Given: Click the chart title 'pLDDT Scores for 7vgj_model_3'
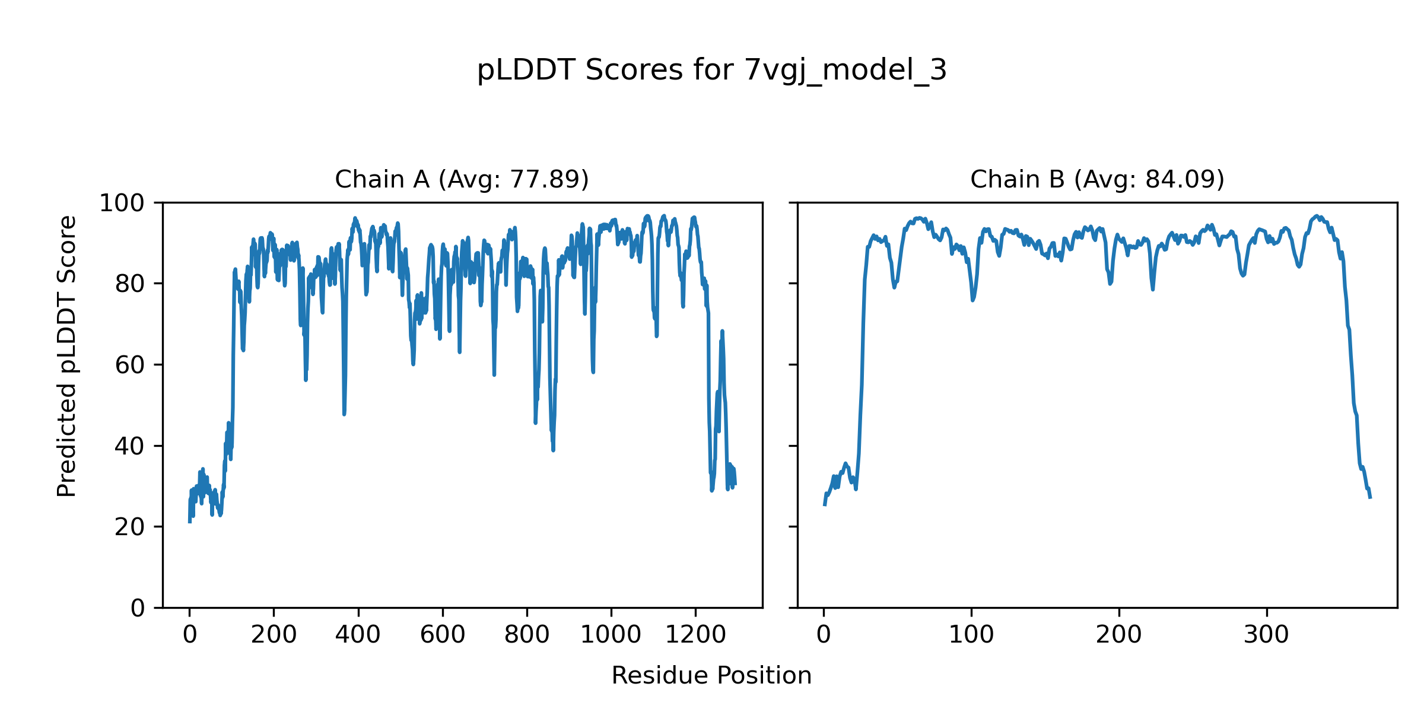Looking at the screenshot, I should click(711, 70).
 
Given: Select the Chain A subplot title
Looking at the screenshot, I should click(462, 179).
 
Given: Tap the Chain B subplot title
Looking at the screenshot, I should click(1097, 179).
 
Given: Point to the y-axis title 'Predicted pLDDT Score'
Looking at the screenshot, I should click(66, 356).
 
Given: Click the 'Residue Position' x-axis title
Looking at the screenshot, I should click(711, 676).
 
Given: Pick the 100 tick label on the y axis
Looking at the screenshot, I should click(122, 204).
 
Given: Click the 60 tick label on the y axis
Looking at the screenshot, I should click(129, 365).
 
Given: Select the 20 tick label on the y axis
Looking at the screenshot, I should click(129, 527).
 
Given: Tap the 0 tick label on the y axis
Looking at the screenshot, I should click(138, 608).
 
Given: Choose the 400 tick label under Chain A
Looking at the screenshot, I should click(358, 635).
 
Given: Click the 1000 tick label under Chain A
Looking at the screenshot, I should click(611, 635).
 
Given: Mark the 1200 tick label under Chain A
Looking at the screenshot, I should click(695, 635).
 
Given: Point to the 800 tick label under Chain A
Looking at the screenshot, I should click(526, 635).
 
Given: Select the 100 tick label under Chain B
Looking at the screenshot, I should click(971, 635).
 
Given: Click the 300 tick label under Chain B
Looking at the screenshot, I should click(1267, 635).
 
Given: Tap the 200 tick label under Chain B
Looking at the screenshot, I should click(1119, 635).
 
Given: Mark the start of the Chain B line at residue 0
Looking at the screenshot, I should click(824, 505).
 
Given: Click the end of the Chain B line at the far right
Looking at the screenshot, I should click(1371, 497).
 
